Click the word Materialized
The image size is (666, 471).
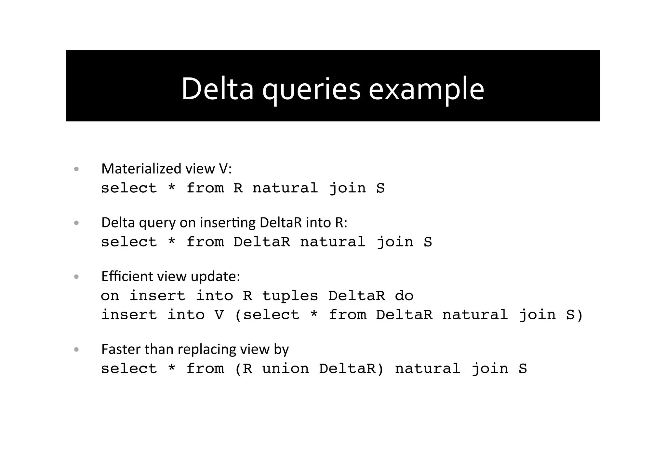pos(141,169)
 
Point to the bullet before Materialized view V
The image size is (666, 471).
pos(76,169)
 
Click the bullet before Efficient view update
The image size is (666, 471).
pos(76,277)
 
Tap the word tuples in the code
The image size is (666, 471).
pos(290,296)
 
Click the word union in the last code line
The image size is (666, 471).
pos(285,369)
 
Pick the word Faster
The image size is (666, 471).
pos(121,349)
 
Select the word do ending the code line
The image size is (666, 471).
pos(404,296)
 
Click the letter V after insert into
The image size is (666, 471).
pos(219,315)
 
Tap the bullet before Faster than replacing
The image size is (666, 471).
pos(76,350)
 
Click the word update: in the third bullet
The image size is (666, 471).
pos(215,277)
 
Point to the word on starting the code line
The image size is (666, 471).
pos(110,296)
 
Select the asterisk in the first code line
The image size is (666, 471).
pos(172,188)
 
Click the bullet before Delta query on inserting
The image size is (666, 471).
pos(76,223)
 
